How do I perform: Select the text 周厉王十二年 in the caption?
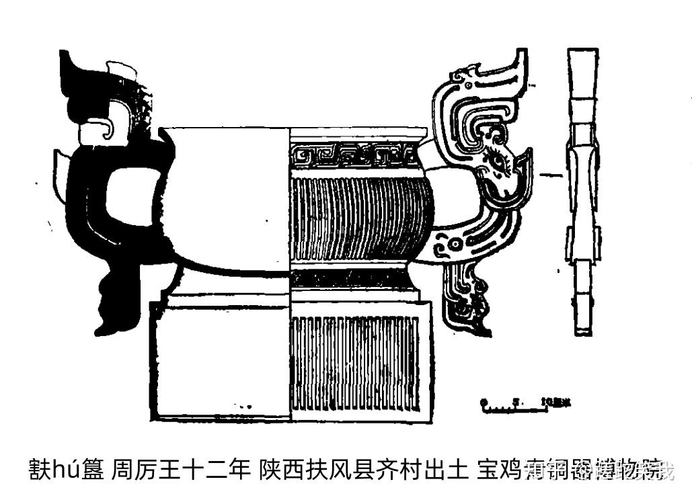(x=180, y=468)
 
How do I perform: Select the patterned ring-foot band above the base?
(x=353, y=278)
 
